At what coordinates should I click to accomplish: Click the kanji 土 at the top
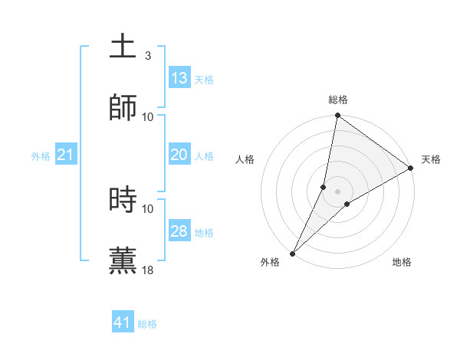click(x=123, y=47)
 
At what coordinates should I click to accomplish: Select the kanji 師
click(x=123, y=108)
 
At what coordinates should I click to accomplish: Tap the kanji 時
click(x=123, y=200)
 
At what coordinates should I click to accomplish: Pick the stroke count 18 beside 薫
click(x=148, y=270)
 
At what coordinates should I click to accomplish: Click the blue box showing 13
click(x=179, y=78)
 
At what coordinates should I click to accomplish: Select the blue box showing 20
click(x=179, y=155)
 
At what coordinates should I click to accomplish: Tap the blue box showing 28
click(x=179, y=231)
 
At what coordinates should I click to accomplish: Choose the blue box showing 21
click(x=66, y=155)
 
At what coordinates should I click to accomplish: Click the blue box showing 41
click(x=123, y=322)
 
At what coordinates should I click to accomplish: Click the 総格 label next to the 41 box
click(x=147, y=324)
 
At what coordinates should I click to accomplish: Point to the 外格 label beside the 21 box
click(x=41, y=156)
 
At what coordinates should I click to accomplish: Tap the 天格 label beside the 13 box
click(x=204, y=80)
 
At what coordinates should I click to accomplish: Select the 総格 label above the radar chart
click(x=338, y=100)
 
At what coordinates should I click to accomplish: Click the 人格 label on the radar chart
click(x=245, y=159)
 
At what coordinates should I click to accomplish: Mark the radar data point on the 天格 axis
click(x=411, y=169)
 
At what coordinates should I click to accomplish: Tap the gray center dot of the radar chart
click(x=338, y=191)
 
